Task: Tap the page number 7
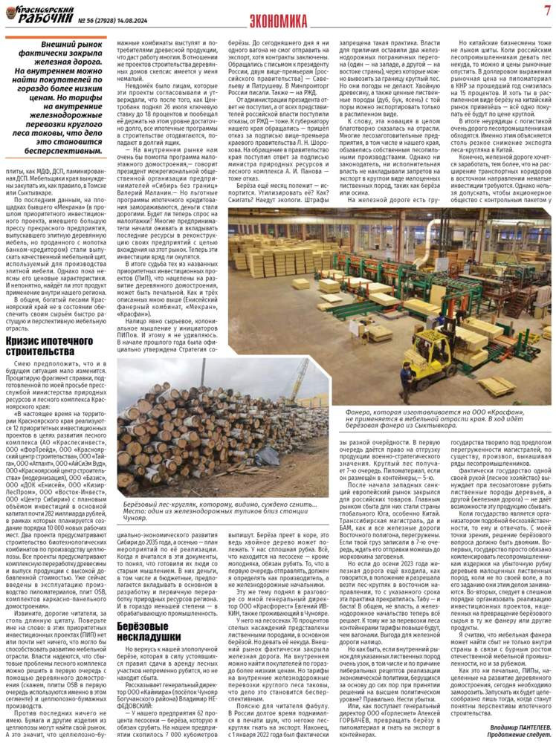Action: tap(545, 10)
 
